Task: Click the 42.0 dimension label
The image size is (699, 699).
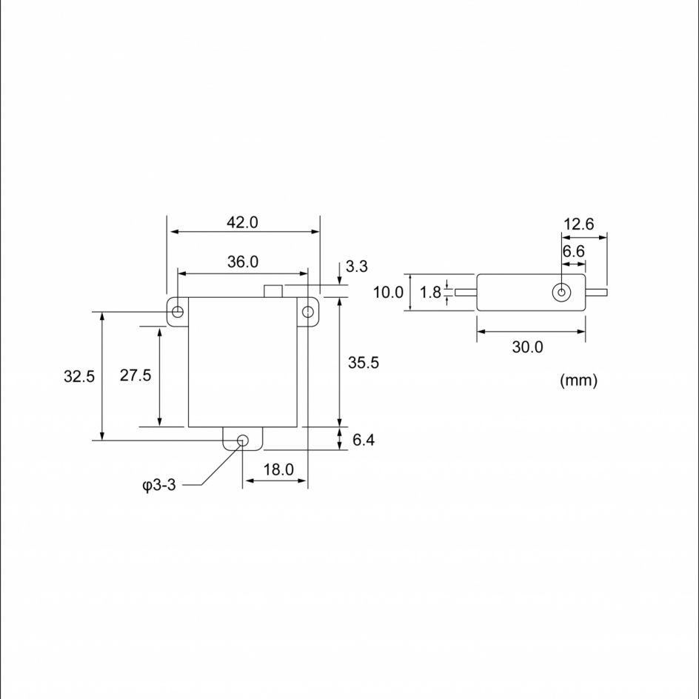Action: click(242, 223)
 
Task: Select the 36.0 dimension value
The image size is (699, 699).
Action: click(242, 262)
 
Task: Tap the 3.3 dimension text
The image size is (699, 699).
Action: click(357, 267)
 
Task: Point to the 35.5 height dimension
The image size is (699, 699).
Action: click(364, 362)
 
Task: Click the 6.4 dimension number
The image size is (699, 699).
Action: click(364, 440)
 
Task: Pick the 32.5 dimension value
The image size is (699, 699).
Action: click(79, 376)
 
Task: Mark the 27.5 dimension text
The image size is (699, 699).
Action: click(136, 375)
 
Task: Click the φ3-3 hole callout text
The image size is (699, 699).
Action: click(158, 486)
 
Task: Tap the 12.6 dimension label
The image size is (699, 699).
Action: click(578, 224)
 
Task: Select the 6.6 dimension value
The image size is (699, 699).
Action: click(573, 251)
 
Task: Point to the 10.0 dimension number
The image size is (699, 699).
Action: click(388, 292)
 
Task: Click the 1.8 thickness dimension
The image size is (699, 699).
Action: click(430, 292)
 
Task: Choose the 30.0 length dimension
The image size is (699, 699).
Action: click(527, 347)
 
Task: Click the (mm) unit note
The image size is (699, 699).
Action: click(578, 381)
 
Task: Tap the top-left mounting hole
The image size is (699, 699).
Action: click(177, 312)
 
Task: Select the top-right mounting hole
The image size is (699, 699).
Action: click(307, 312)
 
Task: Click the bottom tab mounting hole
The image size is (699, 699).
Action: click(242, 441)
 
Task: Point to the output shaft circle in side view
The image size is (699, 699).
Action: click(562, 292)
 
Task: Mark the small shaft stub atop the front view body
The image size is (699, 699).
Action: click(274, 291)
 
